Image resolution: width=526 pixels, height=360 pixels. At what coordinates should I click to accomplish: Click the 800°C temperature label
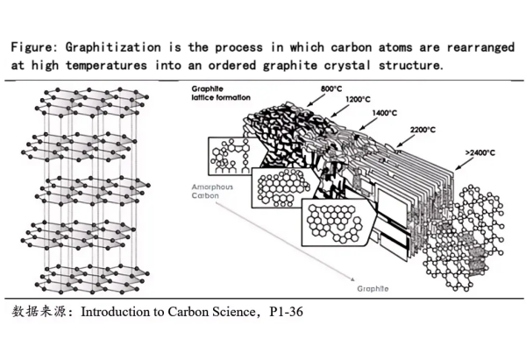tap(331, 88)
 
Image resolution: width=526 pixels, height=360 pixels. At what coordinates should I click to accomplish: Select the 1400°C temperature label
tap(385, 113)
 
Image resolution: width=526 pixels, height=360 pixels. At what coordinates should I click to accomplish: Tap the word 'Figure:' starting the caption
tap(38, 47)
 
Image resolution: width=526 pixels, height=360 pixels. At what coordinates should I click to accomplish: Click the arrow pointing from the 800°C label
tap(317, 99)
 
